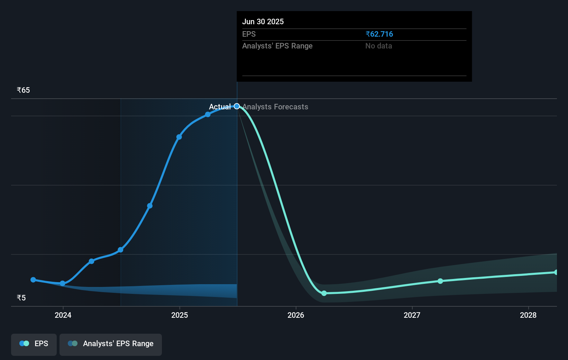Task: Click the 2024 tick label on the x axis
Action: (63, 315)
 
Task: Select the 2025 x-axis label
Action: (180, 315)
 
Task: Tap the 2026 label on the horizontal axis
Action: (296, 315)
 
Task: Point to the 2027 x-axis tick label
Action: (412, 315)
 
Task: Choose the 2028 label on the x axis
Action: (528, 315)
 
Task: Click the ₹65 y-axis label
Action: (23, 90)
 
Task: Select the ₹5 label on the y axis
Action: (21, 298)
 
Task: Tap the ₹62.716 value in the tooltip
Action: (379, 34)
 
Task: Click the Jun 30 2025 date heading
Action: (263, 22)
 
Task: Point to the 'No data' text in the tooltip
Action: (378, 46)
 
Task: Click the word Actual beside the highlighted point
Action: (220, 107)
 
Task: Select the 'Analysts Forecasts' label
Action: (275, 107)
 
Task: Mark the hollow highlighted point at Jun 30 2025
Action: (237, 106)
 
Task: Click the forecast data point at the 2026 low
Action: (324, 293)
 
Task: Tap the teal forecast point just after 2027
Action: (440, 281)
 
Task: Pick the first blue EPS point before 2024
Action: (33, 280)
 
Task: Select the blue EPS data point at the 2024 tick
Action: (63, 283)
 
